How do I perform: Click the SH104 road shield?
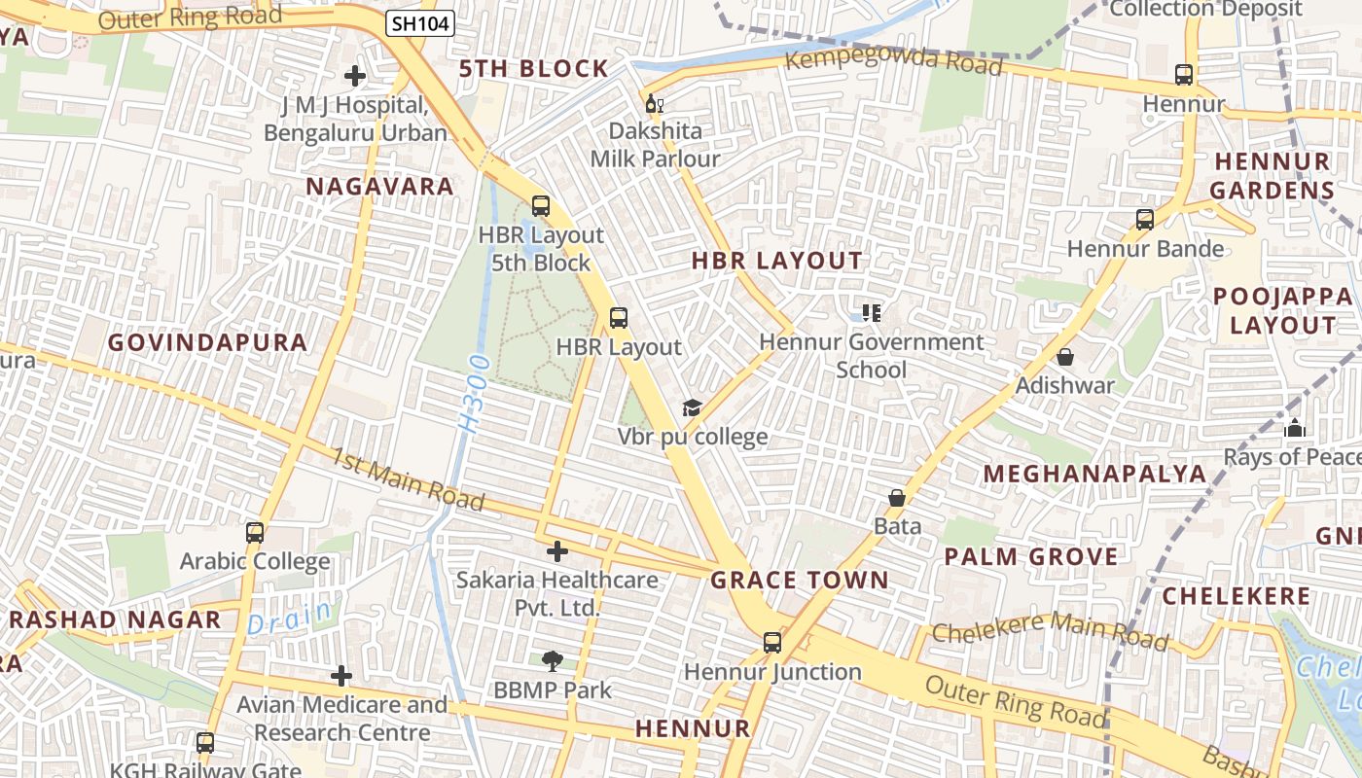coord(420,24)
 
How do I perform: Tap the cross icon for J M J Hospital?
coord(355,75)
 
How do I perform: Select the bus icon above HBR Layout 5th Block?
coord(541,206)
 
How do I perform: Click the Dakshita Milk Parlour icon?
coord(654,103)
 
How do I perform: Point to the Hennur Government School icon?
coord(871,313)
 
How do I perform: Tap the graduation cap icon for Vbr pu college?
coord(692,407)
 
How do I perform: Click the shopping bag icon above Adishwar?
coord(1065,357)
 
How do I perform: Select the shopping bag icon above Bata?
coord(897,498)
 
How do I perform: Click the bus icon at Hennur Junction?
coord(772,643)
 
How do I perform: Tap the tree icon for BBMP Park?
coord(552,661)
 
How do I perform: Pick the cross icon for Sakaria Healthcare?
coord(557,551)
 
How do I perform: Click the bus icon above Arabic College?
coord(255,533)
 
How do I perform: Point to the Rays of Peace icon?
coord(1295,428)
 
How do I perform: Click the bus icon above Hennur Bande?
coord(1145,220)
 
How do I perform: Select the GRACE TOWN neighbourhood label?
coord(800,581)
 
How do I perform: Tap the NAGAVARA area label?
coord(380,187)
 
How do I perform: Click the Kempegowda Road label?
coord(893,62)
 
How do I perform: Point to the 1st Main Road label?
coord(408,479)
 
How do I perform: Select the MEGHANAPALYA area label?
coord(1094,474)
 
